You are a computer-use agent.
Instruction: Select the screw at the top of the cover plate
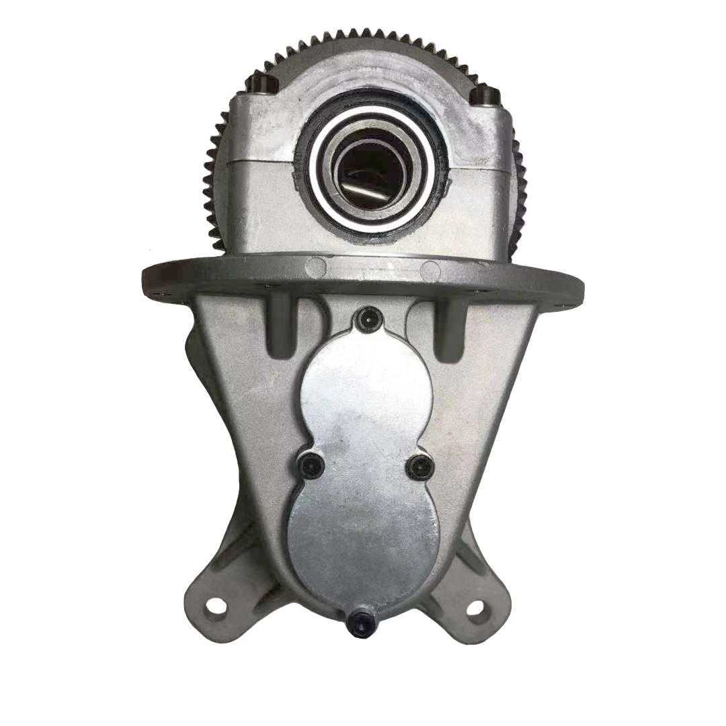(368, 320)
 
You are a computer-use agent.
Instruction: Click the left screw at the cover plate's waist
(311, 465)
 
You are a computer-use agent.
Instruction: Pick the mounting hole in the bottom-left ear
(215, 606)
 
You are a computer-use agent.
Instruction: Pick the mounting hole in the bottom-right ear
(474, 608)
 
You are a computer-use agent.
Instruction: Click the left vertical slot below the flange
(281, 327)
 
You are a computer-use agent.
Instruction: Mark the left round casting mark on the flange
(315, 268)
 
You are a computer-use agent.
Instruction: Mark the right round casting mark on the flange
(430, 270)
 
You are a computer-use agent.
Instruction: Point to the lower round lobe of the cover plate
(363, 538)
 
